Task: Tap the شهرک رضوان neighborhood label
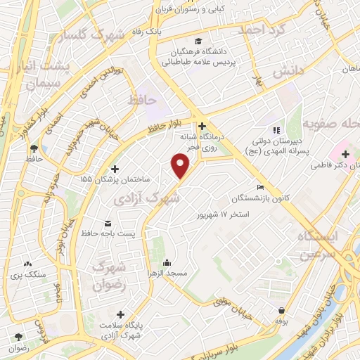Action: tap(108, 277)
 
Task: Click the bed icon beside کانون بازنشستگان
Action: tap(260, 188)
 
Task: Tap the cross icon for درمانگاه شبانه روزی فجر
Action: tap(202, 125)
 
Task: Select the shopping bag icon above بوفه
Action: tap(282, 310)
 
